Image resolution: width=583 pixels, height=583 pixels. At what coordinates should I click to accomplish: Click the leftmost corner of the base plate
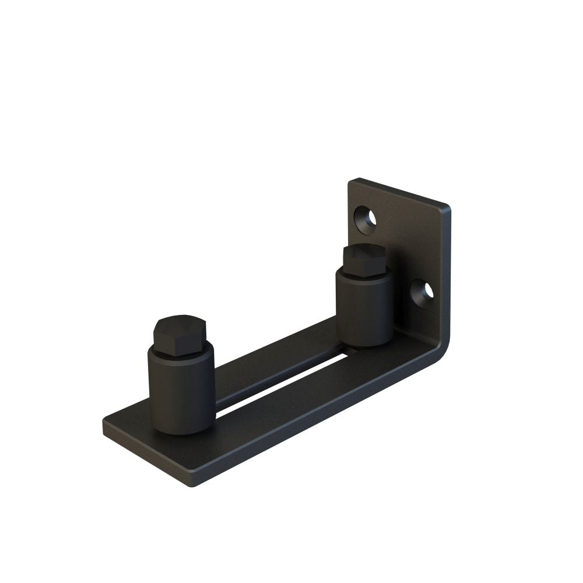105,424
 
